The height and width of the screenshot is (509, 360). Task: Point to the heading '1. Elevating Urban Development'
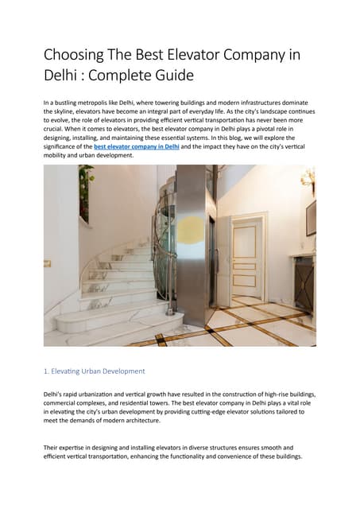click(x=94, y=371)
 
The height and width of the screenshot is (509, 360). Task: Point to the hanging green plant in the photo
click(x=85, y=191)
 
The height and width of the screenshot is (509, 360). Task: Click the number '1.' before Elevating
click(x=47, y=371)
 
